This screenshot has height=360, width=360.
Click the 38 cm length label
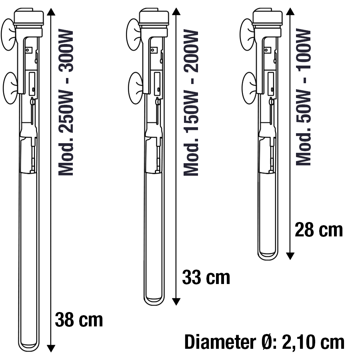(79, 320)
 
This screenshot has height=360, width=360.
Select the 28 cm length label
(319, 230)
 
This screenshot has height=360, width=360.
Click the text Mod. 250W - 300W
(66, 102)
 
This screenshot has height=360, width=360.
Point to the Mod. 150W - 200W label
(191, 103)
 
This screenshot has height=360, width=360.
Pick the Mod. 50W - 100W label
(303, 97)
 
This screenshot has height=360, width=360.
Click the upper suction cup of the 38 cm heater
(9, 34)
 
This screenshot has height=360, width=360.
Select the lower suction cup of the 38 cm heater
(10, 88)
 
